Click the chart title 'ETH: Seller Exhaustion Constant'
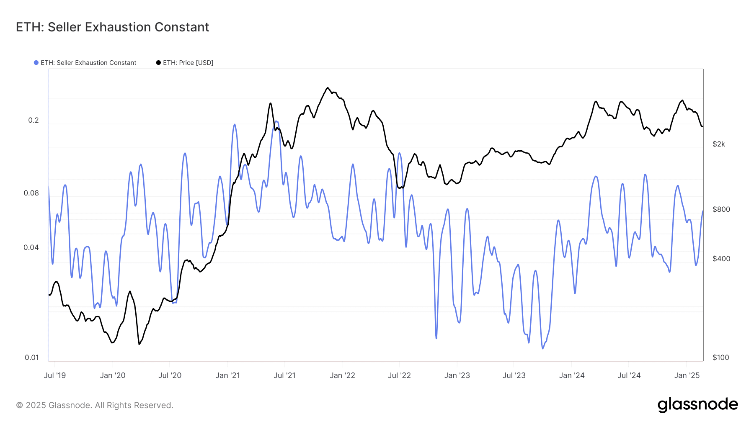[x=112, y=27]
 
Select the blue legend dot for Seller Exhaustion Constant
[x=36, y=63]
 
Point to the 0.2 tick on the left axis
[x=34, y=121]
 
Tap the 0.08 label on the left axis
[x=31, y=193]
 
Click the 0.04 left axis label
[x=31, y=248]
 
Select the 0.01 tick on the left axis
[x=32, y=357]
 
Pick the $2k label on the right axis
[x=719, y=144]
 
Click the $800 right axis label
[x=721, y=209]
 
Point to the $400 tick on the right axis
[x=721, y=259]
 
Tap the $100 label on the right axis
[x=721, y=357]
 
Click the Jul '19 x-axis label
[x=55, y=375]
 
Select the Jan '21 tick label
[x=227, y=375]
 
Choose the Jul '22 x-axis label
[x=399, y=375]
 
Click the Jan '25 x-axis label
[x=687, y=375]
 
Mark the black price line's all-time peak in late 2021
[x=328, y=88]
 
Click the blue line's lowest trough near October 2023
[x=543, y=348]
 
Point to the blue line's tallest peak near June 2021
[x=276, y=121]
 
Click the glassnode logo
[x=697, y=405]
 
